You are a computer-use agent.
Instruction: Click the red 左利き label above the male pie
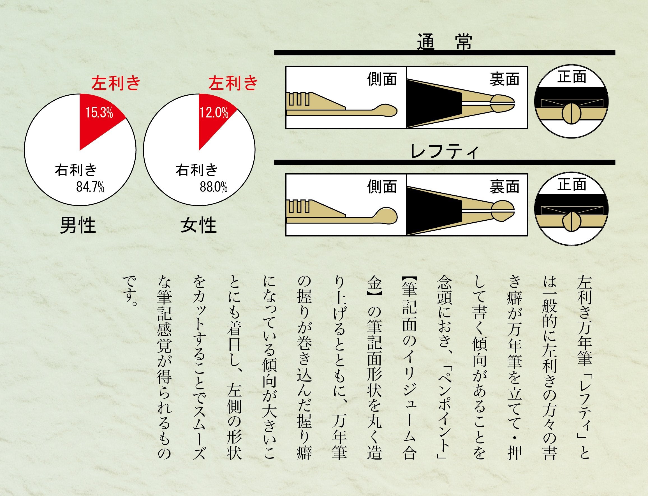pyautogui.click(x=115, y=83)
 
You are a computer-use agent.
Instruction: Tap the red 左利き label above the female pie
pyautogui.click(x=233, y=83)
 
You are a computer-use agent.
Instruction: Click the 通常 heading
pyautogui.click(x=445, y=42)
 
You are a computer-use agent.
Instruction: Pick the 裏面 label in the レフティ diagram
pyautogui.click(x=504, y=187)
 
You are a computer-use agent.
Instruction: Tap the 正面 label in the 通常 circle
pyautogui.click(x=571, y=77)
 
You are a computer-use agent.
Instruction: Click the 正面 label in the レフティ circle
pyautogui.click(x=571, y=185)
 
